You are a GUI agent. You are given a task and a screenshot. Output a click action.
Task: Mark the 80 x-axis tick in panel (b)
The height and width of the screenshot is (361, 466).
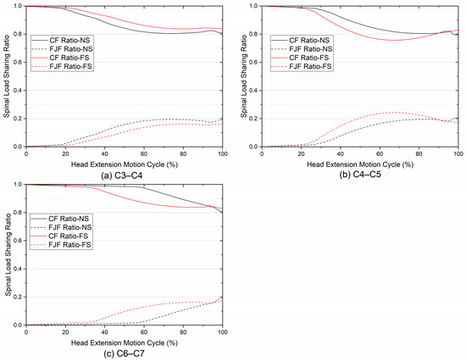419,153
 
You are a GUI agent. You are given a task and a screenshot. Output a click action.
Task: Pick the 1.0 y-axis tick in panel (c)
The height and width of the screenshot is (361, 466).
18,184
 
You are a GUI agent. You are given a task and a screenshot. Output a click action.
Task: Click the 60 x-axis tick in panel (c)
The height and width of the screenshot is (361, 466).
144,330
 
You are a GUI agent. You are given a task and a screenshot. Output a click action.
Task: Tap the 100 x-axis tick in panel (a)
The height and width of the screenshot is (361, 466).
222,153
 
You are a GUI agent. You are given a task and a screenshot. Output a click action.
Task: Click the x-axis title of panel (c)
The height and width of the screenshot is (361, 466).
125,340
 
